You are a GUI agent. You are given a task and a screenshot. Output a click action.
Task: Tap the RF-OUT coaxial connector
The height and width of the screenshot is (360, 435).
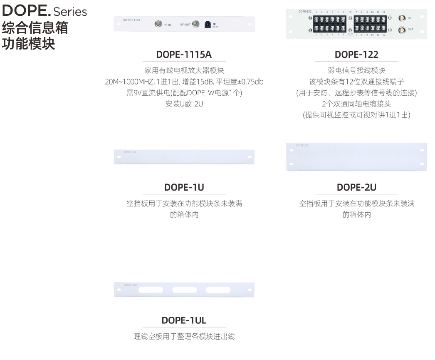(195, 24)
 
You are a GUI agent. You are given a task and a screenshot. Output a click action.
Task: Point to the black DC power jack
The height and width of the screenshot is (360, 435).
(208, 25)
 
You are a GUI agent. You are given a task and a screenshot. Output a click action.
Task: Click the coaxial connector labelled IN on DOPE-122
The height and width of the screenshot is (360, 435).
(402, 18)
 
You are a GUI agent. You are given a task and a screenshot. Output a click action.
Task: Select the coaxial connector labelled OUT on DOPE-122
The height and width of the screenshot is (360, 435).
(402, 30)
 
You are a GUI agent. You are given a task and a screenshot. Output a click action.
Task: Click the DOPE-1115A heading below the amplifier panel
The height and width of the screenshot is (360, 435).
(184, 55)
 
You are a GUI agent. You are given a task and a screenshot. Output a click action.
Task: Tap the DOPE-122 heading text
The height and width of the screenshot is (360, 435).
(356, 55)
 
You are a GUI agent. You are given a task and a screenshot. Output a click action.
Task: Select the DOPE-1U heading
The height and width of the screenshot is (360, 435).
(184, 187)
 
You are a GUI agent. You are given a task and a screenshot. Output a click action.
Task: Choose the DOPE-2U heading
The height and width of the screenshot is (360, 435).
(356, 187)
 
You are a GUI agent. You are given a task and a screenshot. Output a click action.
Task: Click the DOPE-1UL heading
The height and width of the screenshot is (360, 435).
(184, 320)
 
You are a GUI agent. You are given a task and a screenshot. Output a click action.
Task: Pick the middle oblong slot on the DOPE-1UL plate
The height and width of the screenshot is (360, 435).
(184, 290)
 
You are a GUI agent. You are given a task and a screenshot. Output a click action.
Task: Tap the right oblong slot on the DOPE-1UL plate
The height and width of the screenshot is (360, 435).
(217, 290)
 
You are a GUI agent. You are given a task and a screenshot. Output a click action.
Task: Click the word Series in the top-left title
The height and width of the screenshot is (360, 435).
(70, 12)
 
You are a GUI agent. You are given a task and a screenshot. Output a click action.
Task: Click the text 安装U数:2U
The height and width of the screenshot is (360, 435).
(184, 104)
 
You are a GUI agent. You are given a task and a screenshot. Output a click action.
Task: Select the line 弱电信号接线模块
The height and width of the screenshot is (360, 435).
(356, 70)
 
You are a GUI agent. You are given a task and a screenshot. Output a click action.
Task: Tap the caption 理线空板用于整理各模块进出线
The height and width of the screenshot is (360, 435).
(184, 336)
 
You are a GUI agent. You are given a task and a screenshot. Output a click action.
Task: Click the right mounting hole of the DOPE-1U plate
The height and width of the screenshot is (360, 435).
(249, 157)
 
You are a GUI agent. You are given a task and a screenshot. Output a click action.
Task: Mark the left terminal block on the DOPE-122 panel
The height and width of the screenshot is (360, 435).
(331, 24)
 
